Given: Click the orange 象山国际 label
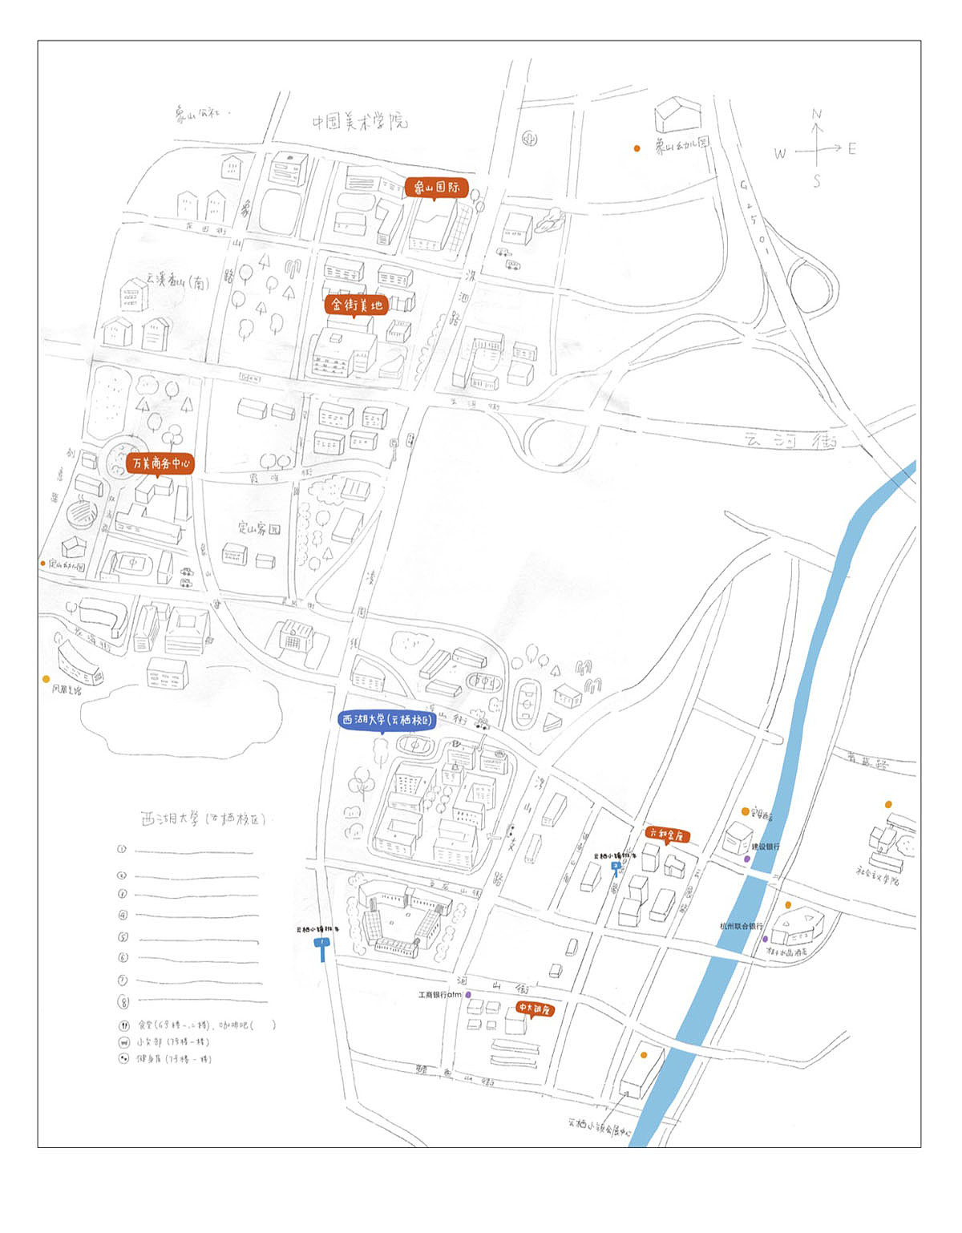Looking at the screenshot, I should [x=436, y=188].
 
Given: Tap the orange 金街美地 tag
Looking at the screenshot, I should [x=355, y=305].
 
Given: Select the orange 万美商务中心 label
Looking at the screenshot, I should [x=160, y=463].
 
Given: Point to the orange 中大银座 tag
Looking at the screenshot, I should [x=534, y=1009].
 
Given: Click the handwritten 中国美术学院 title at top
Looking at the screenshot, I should [x=359, y=122].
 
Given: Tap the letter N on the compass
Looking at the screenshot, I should [x=817, y=115].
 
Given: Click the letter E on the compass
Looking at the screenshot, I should [x=851, y=148].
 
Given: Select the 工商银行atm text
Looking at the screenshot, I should [x=440, y=995].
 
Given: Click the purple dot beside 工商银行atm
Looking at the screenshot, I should [x=468, y=995].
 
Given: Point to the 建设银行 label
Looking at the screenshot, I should [x=765, y=847].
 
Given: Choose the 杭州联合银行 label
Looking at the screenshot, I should [x=742, y=926].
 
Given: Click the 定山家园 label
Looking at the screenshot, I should [x=259, y=528].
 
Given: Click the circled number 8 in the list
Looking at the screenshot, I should [x=123, y=1001].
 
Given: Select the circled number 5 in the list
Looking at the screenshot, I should [x=123, y=936].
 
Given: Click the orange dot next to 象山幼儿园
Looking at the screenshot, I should [x=637, y=148].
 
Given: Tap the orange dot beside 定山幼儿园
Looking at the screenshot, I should [x=43, y=564].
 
